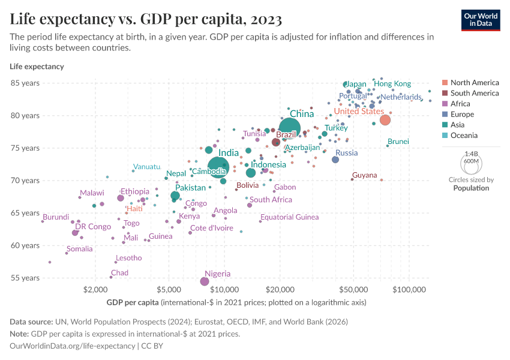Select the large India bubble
point(219,167)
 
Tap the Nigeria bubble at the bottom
point(205,281)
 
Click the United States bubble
point(385,120)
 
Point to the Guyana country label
point(364,175)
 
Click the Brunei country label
point(398,142)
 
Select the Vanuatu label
point(147,167)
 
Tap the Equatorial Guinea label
point(289,217)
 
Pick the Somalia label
point(79,249)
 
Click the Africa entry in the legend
point(460,104)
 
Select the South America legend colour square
point(444,93)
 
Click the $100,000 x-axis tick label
point(409,290)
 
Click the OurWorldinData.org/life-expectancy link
point(73,346)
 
